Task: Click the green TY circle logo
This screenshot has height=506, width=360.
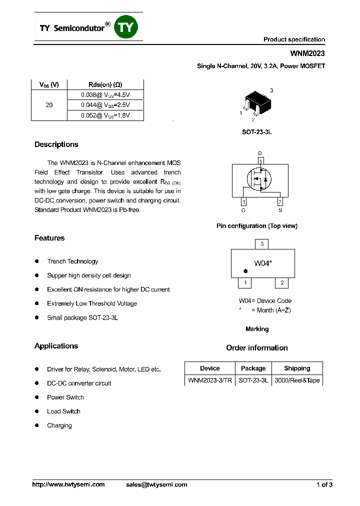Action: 126,27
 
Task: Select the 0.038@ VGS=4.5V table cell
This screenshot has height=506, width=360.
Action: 105,94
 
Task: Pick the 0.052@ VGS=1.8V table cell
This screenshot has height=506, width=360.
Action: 105,115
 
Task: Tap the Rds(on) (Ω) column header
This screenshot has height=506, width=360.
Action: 105,84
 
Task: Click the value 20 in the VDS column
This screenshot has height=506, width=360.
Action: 49,105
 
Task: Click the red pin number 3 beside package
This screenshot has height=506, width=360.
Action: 271,90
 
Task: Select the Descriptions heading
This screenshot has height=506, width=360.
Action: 56,144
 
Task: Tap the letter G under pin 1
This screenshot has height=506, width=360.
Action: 243,210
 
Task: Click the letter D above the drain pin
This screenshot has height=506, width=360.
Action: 259,153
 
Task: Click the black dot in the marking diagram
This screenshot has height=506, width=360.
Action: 245,271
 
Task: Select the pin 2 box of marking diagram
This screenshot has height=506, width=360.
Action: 281,283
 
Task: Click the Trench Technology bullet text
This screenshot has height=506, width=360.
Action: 72,261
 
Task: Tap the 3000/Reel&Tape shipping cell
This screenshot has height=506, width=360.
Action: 297,380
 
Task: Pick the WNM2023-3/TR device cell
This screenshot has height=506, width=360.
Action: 209,380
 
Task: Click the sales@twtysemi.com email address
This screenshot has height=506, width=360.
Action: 156,484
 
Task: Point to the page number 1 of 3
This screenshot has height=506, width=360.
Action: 324,484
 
